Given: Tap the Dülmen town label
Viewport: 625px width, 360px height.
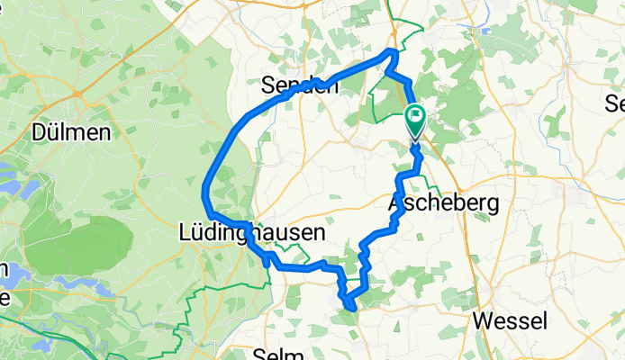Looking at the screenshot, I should click(71, 131).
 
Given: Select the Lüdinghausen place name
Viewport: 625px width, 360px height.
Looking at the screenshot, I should click(251, 232).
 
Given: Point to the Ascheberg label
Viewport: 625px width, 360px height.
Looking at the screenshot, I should click(442, 204).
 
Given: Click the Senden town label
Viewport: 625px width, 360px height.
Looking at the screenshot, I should click(299, 85).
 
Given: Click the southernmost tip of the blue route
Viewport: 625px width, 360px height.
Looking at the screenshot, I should click(351, 311).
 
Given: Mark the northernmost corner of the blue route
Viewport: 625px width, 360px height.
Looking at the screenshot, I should click(392, 51).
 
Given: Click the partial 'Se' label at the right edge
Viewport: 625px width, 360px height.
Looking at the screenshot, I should click(615, 101).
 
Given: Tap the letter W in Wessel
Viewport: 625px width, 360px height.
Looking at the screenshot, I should click(483, 321).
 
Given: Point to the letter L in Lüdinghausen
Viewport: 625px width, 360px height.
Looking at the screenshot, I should click(187, 232).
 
